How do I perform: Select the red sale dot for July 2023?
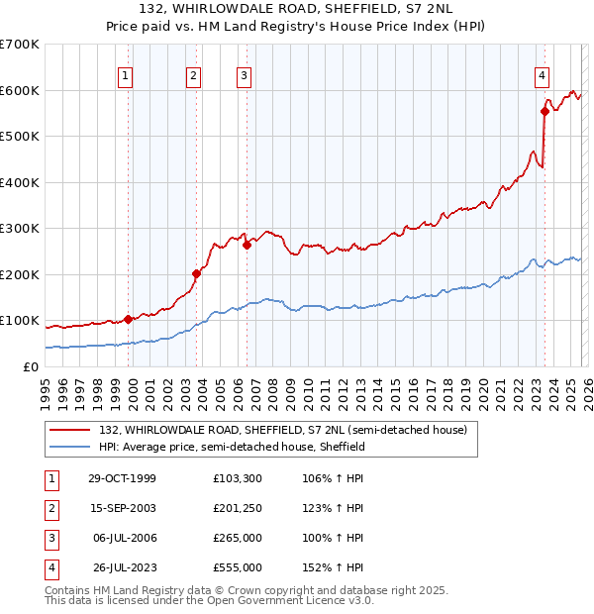[x=544, y=112]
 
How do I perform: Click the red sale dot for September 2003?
[x=196, y=273]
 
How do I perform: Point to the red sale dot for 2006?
[x=247, y=245]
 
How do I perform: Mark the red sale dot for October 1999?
[x=129, y=319]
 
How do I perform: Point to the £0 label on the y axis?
[x=32, y=366]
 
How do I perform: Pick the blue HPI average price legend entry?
[x=232, y=447]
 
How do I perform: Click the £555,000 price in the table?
[x=238, y=567]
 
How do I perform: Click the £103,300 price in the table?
[x=238, y=478]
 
